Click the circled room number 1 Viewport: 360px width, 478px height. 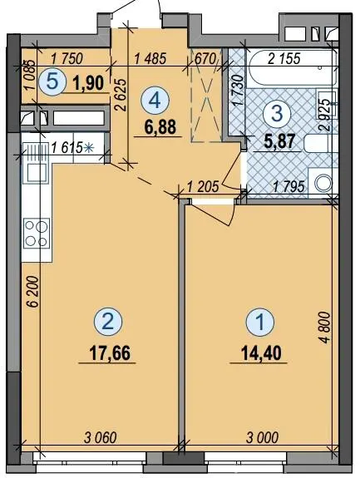[x=260, y=323]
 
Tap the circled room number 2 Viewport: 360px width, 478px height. [x=108, y=322]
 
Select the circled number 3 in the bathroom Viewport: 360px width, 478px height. [x=277, y=113]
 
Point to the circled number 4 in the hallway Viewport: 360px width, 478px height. [x=155, y=101]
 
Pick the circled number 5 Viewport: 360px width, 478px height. [x=52, y=82]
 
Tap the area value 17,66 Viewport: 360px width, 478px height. [x=110, y=353]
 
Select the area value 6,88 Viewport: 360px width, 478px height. [x=160, y=127]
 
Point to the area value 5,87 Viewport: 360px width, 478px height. [x=279, y=142]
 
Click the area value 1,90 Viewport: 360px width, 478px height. [x=89, y=83]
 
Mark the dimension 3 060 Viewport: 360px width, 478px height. [x=101, y=438]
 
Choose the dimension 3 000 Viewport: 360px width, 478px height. [x=262, y=438]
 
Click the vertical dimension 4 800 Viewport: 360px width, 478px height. [x=325, y=328]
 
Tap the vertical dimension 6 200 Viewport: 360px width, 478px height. [x=34, y=292]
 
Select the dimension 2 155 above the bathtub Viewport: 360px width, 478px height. [x=284, y=58]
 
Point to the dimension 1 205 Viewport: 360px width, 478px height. [x=203, y=186]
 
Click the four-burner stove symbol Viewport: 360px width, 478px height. [x=37, y=234]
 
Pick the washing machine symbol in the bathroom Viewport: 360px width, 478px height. [x=323, y=183]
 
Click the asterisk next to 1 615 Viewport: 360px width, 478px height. [x=88, y=148]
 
